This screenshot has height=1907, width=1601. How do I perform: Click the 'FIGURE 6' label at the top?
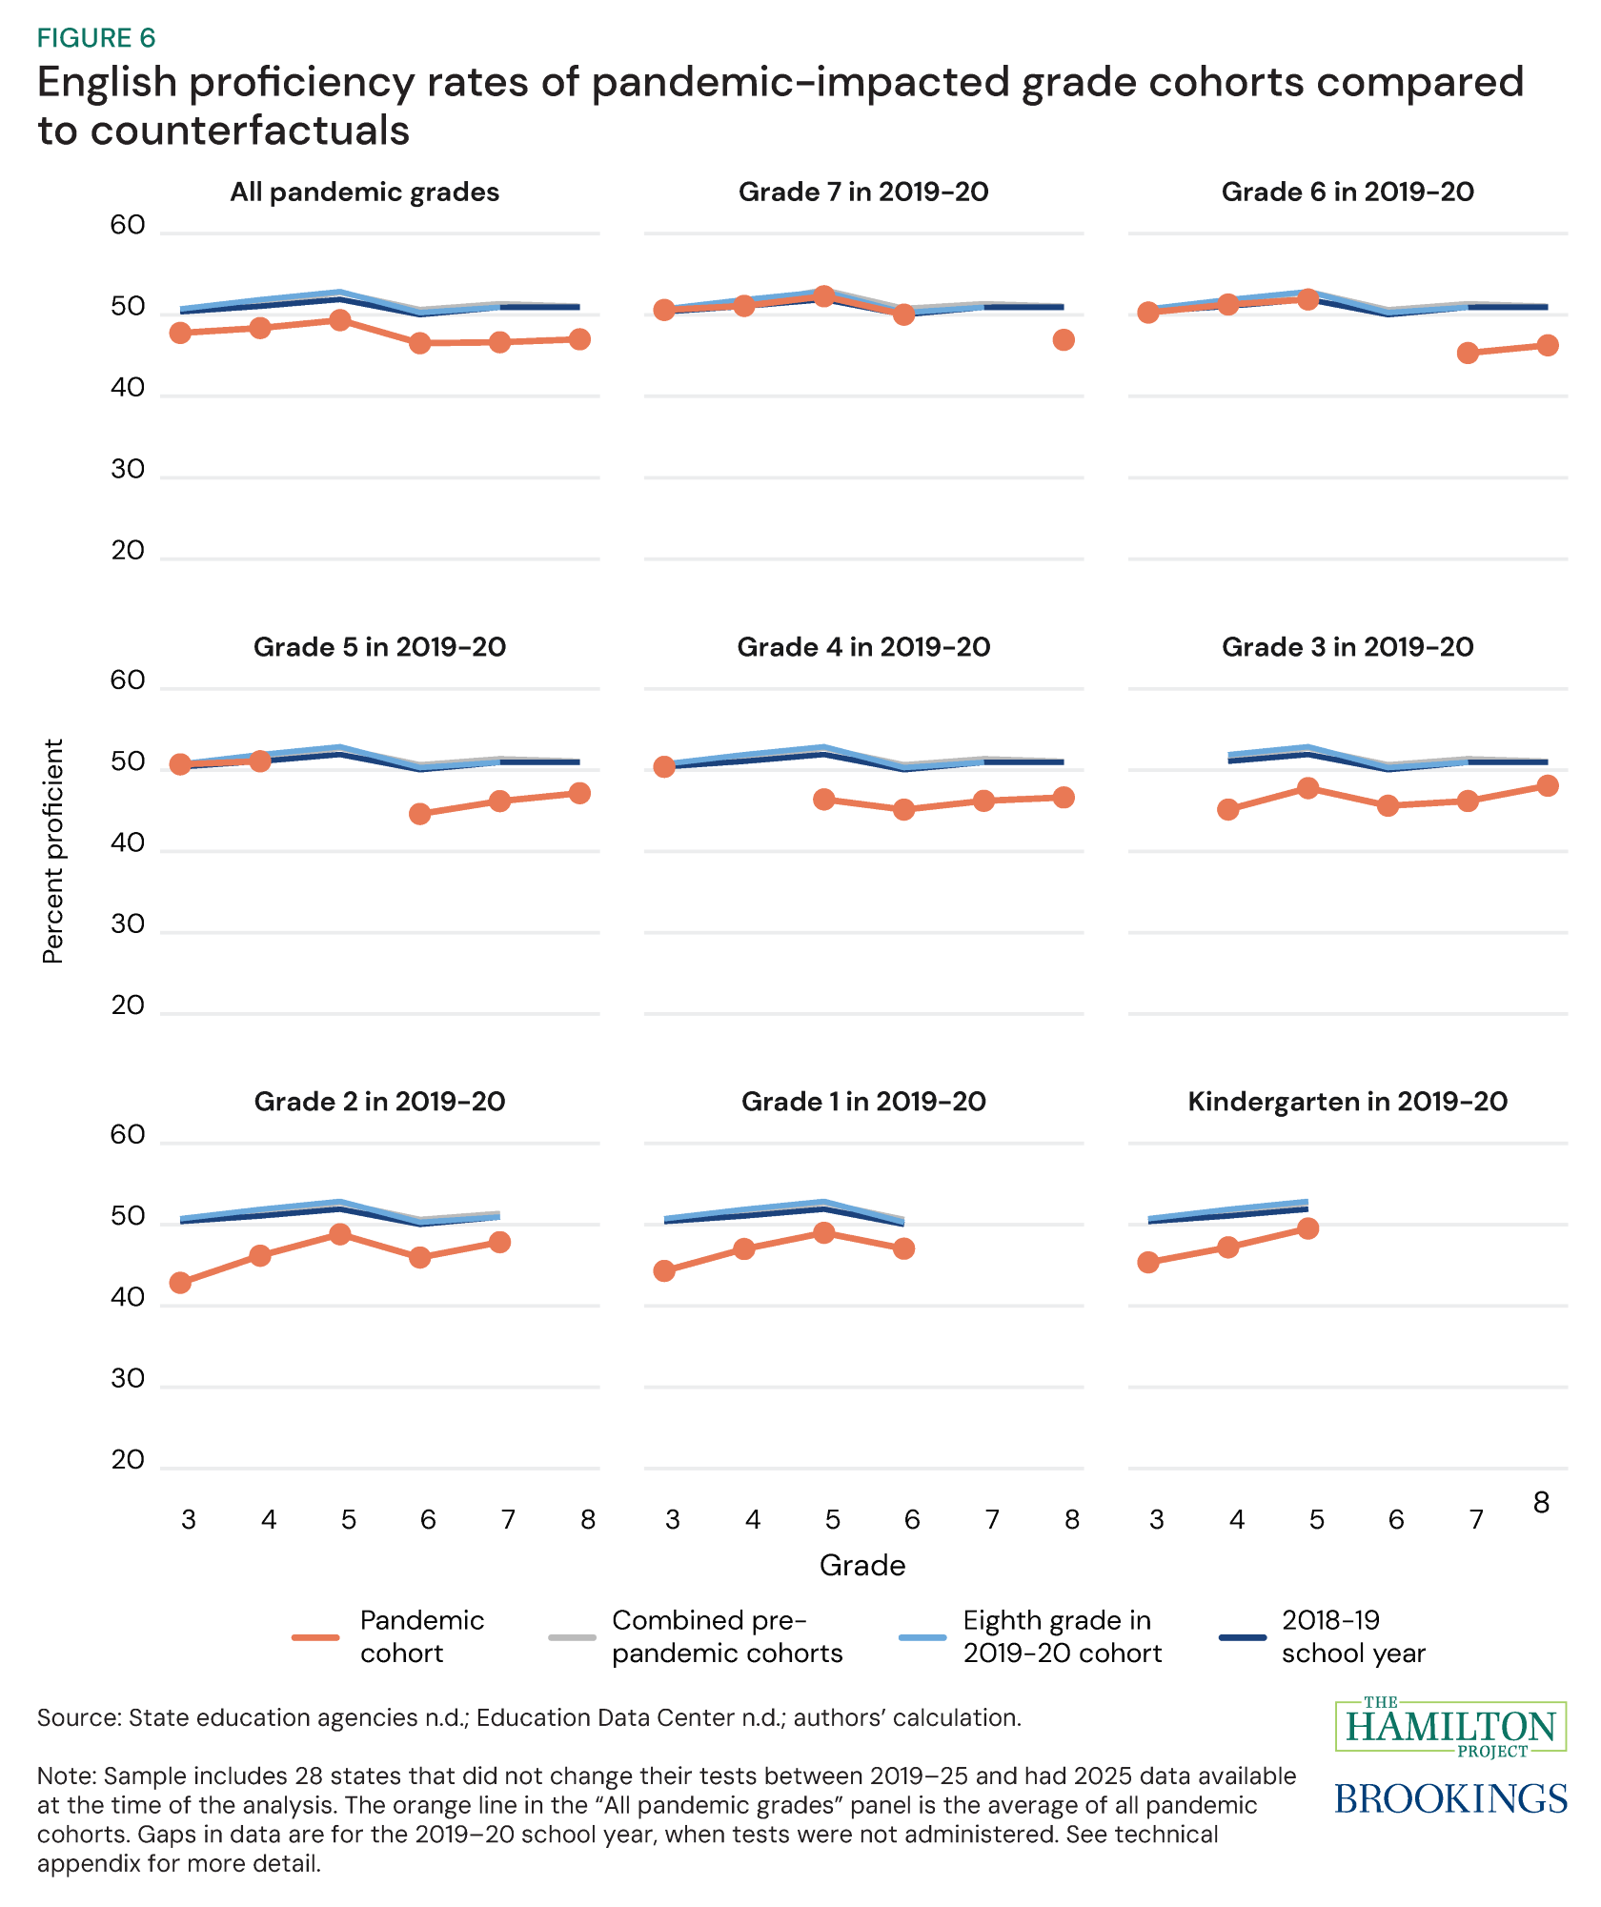[95, 38]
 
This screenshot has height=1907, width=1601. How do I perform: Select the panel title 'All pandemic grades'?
[364, 193]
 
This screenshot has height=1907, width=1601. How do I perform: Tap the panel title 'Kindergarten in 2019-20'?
[1347, 1102]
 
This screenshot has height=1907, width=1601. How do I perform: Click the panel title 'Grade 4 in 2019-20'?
[863, 647]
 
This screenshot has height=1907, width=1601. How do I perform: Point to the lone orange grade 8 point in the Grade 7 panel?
[1064, 340]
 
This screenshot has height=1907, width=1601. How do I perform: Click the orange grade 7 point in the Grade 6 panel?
[1468, 354]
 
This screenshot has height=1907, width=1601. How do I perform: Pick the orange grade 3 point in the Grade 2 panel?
[180, 1283]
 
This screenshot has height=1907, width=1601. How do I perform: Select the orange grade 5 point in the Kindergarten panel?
[1307, 1228]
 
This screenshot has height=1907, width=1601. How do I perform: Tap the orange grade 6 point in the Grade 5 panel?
[420, 814]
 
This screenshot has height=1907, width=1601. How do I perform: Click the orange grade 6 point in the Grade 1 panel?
[904, 1248]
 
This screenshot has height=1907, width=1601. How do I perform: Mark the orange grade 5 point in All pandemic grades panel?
[340, 320]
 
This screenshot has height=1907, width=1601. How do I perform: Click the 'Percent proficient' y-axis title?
[53, 851]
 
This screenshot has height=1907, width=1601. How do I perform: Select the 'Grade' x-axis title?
[861, 1566]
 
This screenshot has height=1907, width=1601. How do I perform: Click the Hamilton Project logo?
[1450, 1726]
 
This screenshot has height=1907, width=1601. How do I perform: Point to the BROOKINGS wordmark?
[1450, 1798]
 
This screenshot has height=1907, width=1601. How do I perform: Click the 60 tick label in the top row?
[128, 226]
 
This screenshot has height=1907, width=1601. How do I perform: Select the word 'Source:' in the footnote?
[79, 1717]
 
